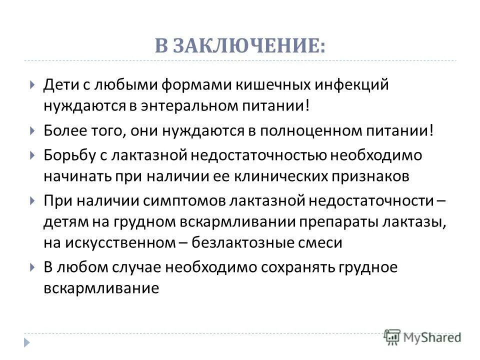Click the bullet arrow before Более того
coord(32,131)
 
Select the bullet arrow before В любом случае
coord(32,267)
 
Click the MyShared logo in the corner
coord(422,336)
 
